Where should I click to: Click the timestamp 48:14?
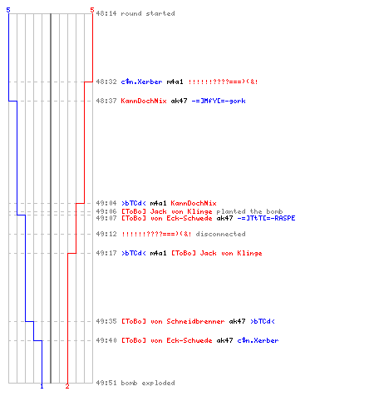(x=106, y=13)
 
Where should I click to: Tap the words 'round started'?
(x=148, y=13)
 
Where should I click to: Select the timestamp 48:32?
(x=106, y=82)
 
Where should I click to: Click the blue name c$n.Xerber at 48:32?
(x=141, y=82)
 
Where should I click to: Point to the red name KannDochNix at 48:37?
(x=144, y=101)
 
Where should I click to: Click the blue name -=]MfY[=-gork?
(x=219, y=101)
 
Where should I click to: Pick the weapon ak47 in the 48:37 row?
(x=179, y=101)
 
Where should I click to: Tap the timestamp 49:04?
(x=106, y=203)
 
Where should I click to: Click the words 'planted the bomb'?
(x=249, y=211)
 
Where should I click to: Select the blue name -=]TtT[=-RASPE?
(x=266, y=218)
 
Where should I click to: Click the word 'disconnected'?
(x=220, y=234)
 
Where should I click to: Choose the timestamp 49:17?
(x=106, y=253)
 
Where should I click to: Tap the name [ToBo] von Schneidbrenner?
(x=173, y=321)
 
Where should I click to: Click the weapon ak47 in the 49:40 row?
(x=224, y=340)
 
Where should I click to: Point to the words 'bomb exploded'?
(x=148, y=383)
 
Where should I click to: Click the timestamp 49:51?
(x=106, y=383)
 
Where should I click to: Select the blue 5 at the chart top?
(x=8, y=10)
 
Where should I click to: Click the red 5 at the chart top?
(x=92, y=10)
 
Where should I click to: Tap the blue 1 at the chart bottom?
(x=42, y=386)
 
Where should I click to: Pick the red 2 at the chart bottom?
(x=67, y=386)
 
